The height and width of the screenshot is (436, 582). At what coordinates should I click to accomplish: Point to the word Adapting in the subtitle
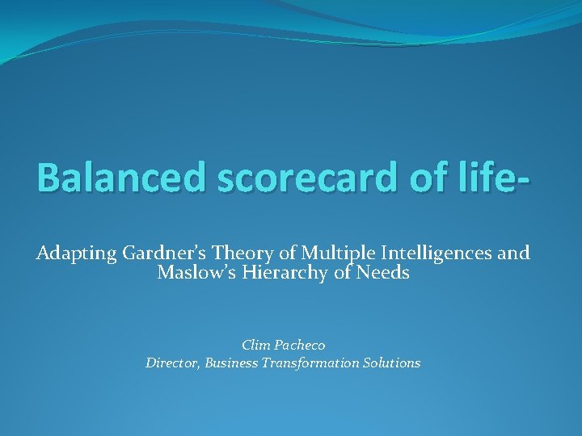(x=77, y=254)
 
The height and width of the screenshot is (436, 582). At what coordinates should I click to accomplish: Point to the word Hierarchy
(x=285, y=273)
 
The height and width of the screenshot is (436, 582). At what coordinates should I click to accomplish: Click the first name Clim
(x=256, y=345)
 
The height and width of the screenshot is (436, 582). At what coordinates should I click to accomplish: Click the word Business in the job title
(x=232, y=363)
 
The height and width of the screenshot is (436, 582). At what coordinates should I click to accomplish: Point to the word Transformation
(x=315, y=363)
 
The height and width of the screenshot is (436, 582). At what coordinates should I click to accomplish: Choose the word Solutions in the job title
(x=394, y=363)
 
